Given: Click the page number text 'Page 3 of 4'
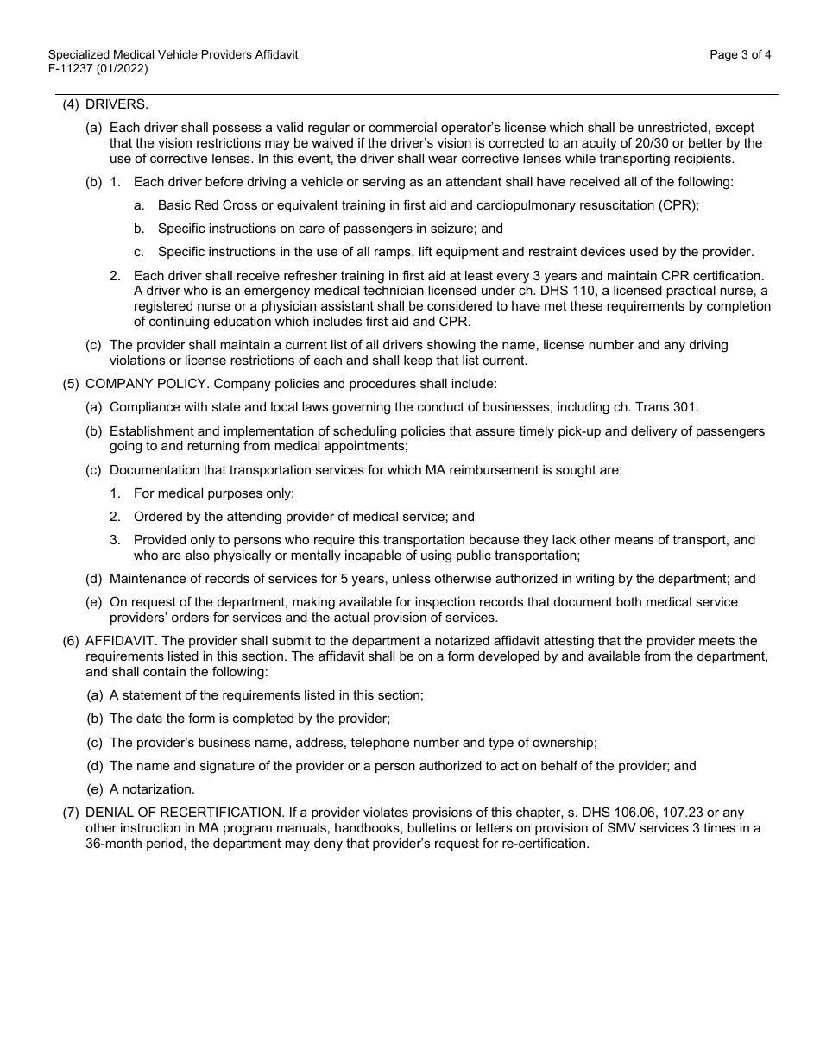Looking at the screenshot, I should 740,54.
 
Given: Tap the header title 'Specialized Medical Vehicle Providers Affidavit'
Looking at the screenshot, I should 173,54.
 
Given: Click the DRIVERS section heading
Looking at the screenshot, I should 117,104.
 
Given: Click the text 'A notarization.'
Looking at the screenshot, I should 152,788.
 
